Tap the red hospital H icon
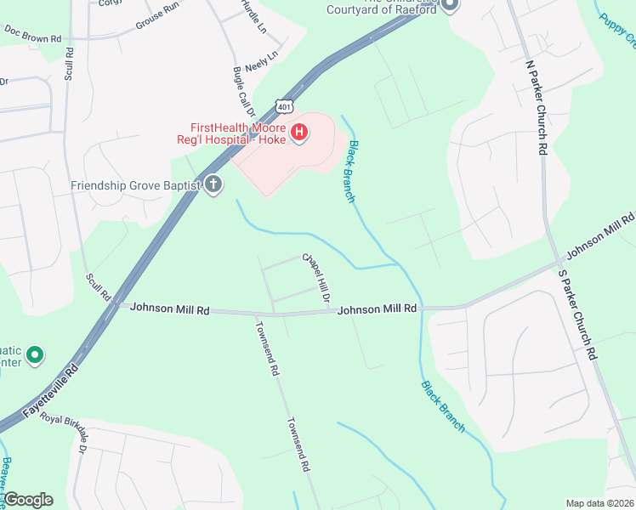click(299, 132)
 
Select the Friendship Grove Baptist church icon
click(213, 184)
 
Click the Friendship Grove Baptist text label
click(135, 184)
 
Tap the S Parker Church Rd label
click(576, 315)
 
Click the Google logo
click(28, 500)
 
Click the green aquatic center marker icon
click(35, 354)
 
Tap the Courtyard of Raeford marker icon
click(451, 7)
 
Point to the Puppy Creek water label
click(616, 30)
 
